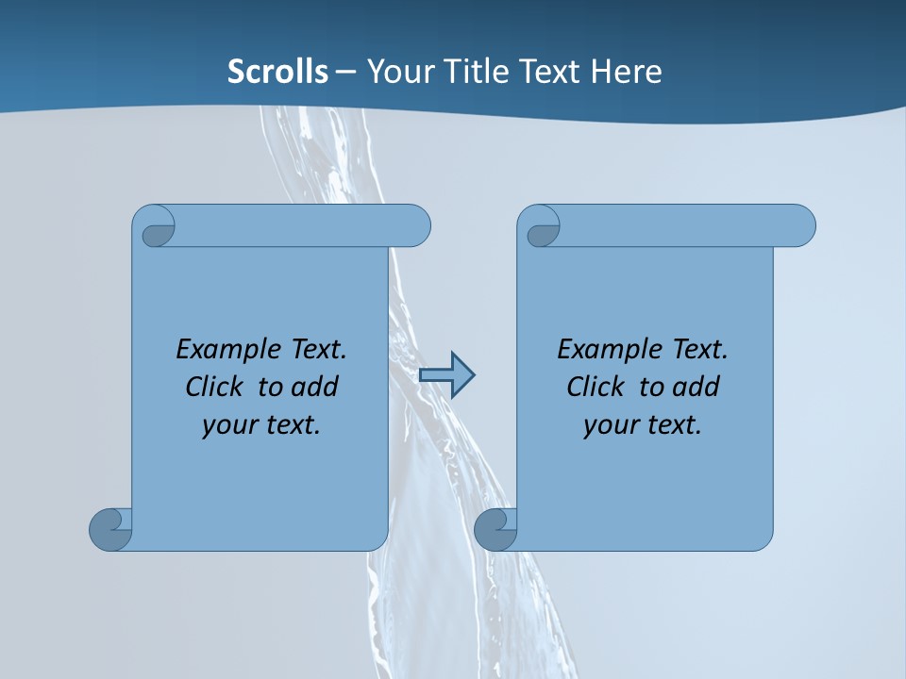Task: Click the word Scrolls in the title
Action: [x=278, y=71]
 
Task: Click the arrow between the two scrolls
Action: [x=446, y=375]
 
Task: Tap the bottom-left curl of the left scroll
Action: [x=109, y=529]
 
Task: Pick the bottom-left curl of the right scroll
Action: [x=494, y=529]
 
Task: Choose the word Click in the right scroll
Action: [x=595, y=387]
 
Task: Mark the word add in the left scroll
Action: [x=315, y=387]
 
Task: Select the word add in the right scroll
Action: [x=696, y=387]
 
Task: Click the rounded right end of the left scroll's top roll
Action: [x=416, y=225]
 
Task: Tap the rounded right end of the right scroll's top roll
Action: [x=801, y=225]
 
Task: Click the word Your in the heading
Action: [x=395, y=71]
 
